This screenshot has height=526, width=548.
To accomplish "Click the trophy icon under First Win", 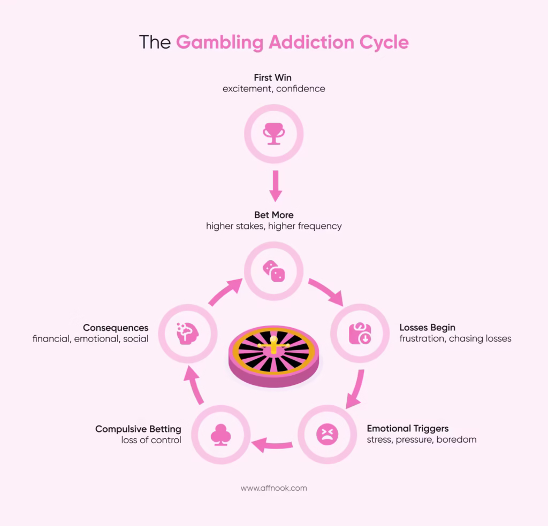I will (x=273, y=134).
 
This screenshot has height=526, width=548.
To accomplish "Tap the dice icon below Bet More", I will (x=273, y=271).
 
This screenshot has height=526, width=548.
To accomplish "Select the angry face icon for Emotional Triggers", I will (x=327, y=434).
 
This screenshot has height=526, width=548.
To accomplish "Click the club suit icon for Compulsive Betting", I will (x=220, y=435).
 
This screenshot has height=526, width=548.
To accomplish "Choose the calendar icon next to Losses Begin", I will (x=360, y=333).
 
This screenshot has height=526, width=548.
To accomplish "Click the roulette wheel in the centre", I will (x=273, y=353).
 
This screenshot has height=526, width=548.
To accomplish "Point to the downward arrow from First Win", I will (x=275, y=185).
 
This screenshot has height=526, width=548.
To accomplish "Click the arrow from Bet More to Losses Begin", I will (x=326, y=291).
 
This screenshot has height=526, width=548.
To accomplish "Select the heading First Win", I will (x=273, y=78).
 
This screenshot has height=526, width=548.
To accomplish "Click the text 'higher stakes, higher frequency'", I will (x=273, y=226).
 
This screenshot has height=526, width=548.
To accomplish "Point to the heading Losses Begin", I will (x=427, y=327).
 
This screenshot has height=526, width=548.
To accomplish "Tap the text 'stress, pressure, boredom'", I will (x=421, y=439).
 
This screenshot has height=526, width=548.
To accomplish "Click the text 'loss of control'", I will (x=151, y=440).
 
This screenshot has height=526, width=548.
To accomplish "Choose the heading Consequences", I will (x=116, y=327).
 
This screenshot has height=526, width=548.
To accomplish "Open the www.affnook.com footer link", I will (x=273, y=488).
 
